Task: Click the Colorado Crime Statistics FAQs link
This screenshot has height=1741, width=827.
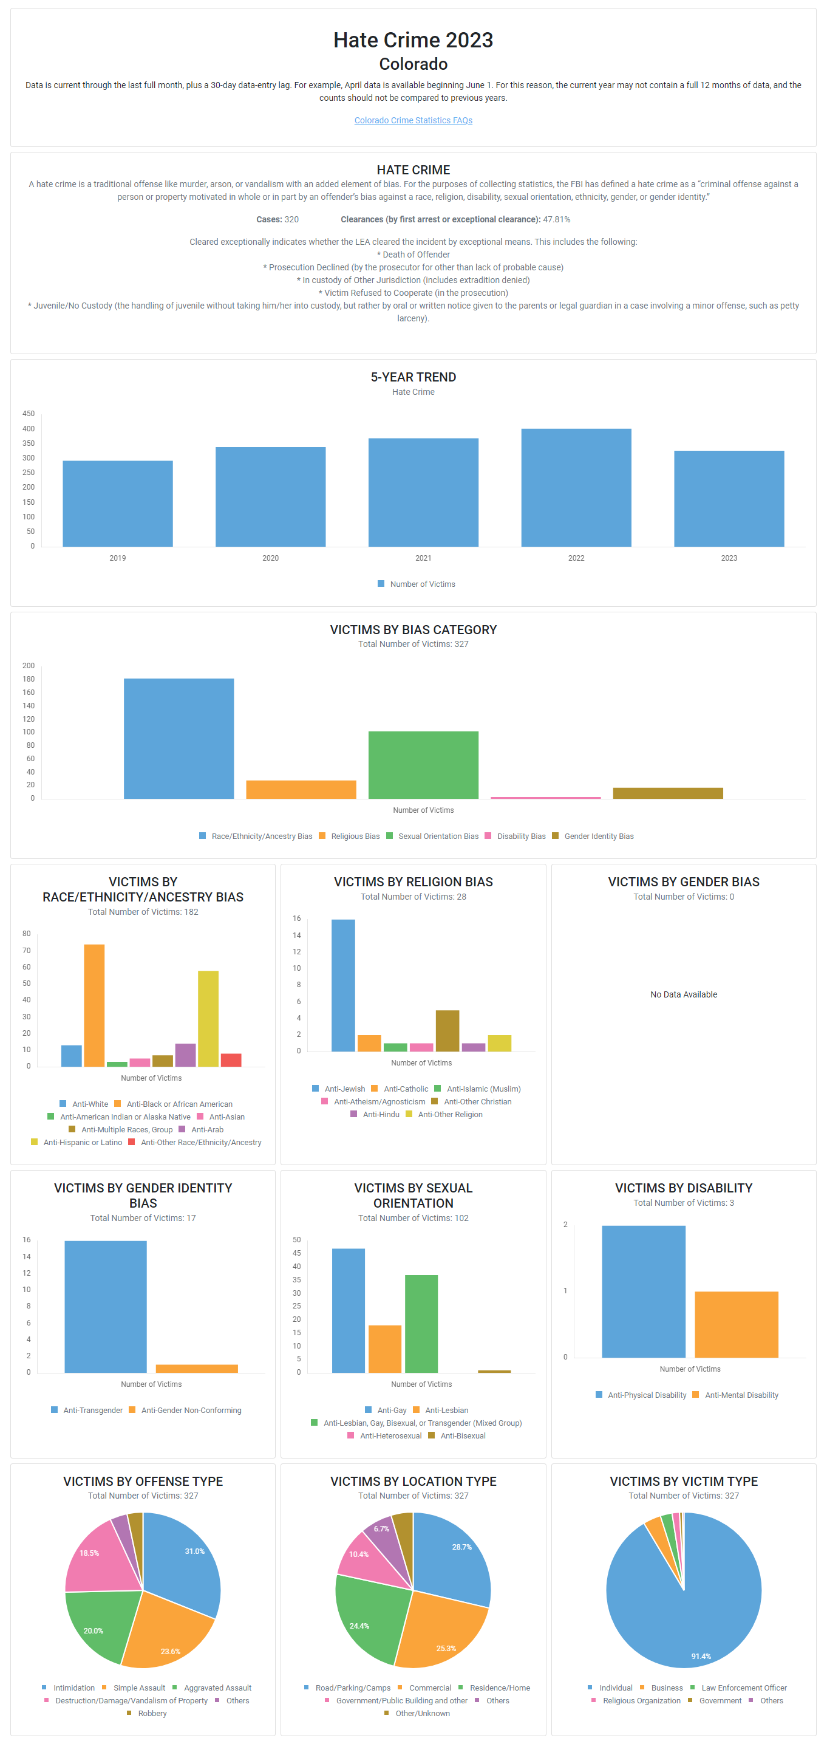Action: coord(413,120)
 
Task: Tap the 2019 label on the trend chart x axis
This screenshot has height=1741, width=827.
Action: coord(118,558)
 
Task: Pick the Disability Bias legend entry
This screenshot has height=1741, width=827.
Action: coord(520,836)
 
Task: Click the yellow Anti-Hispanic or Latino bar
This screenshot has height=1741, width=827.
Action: coord(208,1019)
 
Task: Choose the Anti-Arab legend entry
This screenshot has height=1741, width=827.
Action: coord(206,1129)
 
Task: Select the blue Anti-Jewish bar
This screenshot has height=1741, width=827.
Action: coord(343,985)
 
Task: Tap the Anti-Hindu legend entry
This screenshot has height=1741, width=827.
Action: coord(380,1115)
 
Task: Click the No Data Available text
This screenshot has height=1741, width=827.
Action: coord(683,994)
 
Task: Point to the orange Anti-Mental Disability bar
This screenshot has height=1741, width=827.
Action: coord(736,1324)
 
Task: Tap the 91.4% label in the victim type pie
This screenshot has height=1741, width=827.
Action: coord(701,1656)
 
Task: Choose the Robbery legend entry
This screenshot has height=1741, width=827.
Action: coord(152,1713)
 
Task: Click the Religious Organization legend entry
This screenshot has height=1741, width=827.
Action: coord(641,1700)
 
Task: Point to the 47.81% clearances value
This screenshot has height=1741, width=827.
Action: coord(556,220)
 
